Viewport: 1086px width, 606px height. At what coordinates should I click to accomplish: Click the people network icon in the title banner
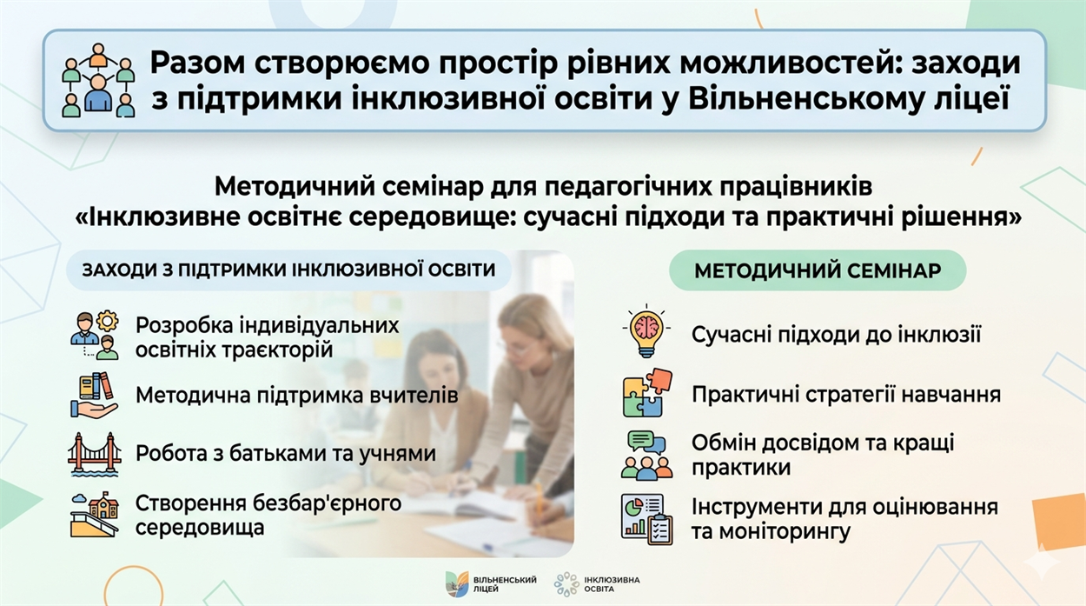[98, 81]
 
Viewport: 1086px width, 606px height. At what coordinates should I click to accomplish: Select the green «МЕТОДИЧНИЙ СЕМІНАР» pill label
[818, 270]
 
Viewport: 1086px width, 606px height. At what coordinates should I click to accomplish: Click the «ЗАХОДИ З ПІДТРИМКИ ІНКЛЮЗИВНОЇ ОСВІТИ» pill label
[289, 270]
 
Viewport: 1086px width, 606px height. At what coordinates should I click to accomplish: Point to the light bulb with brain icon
[646, 331]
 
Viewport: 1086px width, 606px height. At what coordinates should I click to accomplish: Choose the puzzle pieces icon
[648, 393]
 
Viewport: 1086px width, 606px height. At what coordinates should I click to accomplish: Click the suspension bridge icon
[95, 454]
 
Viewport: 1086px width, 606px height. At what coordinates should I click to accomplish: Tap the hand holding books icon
[94, 395]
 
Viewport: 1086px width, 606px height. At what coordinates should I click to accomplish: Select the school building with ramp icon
[95, 515]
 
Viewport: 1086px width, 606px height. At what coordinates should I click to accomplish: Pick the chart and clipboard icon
[646, 519]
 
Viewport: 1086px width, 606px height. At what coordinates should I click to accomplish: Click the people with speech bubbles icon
[646, 455]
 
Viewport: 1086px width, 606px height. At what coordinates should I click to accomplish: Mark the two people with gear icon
[95, 336]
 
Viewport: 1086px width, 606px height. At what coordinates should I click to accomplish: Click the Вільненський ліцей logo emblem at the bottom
[457, 583]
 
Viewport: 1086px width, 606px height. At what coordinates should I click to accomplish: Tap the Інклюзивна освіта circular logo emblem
[566, 584]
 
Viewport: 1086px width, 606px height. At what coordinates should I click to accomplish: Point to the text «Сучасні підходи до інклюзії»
[837, 335]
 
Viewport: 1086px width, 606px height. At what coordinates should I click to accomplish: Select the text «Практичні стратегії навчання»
[846, 395]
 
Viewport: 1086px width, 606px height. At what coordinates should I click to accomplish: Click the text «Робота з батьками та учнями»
[286, 454]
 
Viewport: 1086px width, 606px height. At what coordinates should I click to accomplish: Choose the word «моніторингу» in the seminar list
[785, 532]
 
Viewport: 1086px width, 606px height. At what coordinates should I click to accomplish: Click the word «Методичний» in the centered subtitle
[295, 187]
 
